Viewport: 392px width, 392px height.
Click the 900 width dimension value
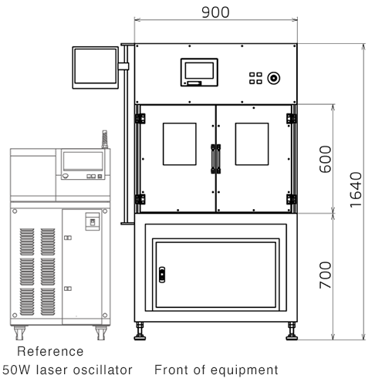coord(215,12)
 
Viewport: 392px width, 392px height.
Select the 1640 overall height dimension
coord(356,190)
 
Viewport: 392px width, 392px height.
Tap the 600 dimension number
coord(325,159)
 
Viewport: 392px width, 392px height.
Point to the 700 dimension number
coord(325,275)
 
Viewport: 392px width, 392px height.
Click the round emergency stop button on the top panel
coord(273,78)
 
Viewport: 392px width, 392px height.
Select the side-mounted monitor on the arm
coord(96,68)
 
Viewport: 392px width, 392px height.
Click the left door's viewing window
coord(180,144)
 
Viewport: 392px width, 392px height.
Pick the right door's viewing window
coord(252,144)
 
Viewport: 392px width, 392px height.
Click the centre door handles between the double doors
coord(216,159)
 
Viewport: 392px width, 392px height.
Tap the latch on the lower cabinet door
coord(162,275)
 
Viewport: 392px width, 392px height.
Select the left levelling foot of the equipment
coord(140,331)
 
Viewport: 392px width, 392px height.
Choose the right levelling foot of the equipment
coord(292,331)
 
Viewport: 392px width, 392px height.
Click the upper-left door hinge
coord(140,119)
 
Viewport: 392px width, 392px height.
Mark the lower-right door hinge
coord(292,199)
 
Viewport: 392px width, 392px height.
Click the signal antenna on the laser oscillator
coord(105,140)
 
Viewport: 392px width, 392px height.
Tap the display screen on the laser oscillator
coord(83,161)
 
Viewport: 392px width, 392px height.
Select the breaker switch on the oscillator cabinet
coord(93,221)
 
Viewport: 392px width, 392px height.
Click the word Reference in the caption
coord(50,351)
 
